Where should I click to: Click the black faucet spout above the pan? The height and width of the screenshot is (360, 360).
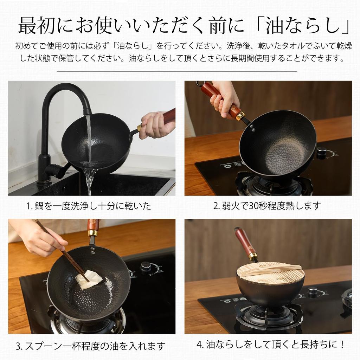pos(67,92)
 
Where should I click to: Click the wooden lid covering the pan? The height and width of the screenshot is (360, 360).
pos(270,273)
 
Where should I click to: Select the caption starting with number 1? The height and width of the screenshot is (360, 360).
pos(89,206)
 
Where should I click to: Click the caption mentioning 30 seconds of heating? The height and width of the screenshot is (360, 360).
pos(267,206)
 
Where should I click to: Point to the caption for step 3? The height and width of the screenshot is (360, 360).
pos(90,346)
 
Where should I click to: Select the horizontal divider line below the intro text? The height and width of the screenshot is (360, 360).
pos(177,71)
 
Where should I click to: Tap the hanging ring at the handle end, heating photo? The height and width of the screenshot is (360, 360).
pos(200,83)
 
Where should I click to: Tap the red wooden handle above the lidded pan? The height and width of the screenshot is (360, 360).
pos(245,242)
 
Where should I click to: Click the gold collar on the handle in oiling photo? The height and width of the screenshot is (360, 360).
pos(93,233)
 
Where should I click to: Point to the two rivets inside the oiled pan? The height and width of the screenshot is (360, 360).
pos(92,250)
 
